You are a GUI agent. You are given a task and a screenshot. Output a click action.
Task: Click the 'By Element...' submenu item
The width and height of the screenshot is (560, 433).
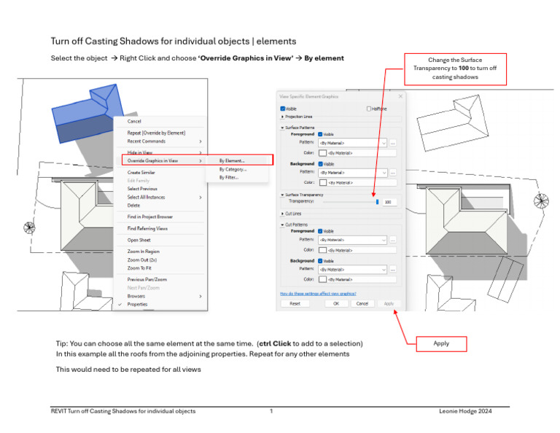(232, 160)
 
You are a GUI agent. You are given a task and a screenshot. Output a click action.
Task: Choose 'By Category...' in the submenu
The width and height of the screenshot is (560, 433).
(233, 169)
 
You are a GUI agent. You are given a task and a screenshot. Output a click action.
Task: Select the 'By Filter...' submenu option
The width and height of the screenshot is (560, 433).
(228, 177)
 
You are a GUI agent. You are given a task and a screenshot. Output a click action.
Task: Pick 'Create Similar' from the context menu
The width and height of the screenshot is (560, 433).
(141, 173)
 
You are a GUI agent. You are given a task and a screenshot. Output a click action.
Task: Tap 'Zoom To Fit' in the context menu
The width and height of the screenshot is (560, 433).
(140, 268)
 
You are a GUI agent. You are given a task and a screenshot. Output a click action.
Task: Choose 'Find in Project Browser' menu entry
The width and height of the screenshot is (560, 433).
(150, 216)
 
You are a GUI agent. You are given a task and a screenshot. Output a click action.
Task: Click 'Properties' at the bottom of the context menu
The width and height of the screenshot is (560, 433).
(138, 305)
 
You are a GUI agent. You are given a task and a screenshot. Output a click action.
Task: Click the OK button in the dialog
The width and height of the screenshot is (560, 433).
(336, 303)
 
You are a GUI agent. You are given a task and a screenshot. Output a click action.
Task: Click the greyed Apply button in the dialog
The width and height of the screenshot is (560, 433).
(389, 303)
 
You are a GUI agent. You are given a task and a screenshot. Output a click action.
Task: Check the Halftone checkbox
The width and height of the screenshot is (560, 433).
(369, 109)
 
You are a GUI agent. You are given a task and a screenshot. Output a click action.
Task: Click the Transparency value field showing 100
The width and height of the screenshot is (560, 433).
(389, 202)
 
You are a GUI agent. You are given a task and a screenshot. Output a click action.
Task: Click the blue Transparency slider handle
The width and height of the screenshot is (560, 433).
(377, 202)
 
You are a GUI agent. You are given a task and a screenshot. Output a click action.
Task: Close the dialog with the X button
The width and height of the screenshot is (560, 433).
(400, 96)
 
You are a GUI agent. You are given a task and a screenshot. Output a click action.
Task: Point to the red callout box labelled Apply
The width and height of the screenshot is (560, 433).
(440, 343)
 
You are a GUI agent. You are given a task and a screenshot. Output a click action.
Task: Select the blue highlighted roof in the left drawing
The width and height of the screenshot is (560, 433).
(84, 113)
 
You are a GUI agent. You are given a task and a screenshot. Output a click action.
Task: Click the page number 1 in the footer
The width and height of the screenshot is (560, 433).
(271, 412)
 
